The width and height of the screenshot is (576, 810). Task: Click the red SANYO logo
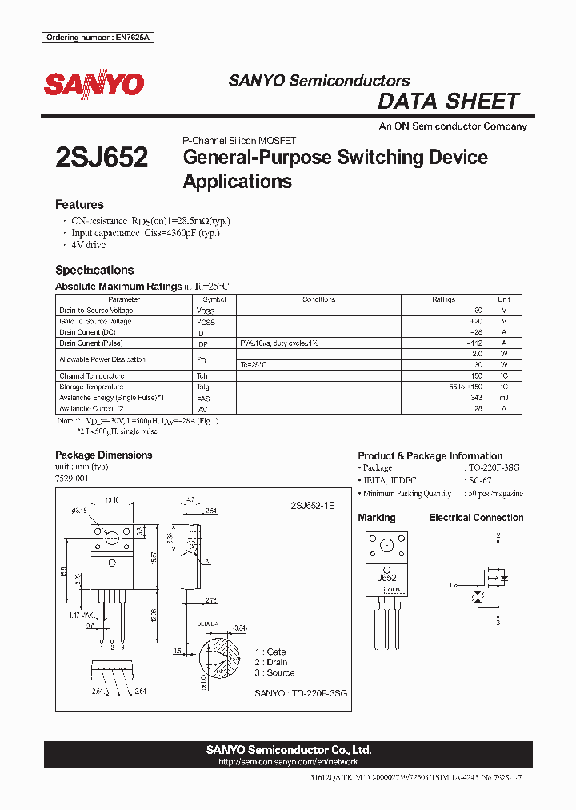coord(94,84)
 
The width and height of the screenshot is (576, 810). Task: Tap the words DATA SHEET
coord(448,102)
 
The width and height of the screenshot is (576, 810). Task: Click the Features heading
coord(79,205)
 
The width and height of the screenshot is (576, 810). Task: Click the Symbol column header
coord(214,299)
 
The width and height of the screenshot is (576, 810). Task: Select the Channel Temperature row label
coord(92,376)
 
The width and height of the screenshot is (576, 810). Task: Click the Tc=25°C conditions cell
coord(254,365)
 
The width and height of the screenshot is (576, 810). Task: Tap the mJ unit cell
coord(503,398)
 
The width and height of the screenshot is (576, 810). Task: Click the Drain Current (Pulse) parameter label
coord(91,343)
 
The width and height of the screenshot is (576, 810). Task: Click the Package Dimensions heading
coord(103,455)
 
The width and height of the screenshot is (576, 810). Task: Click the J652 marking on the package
coord(387,576)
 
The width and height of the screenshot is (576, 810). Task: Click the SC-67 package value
coord(476,480)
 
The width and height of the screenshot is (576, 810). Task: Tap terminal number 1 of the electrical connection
coord(452,585)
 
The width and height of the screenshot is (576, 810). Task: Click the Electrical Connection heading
coord(476,518)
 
